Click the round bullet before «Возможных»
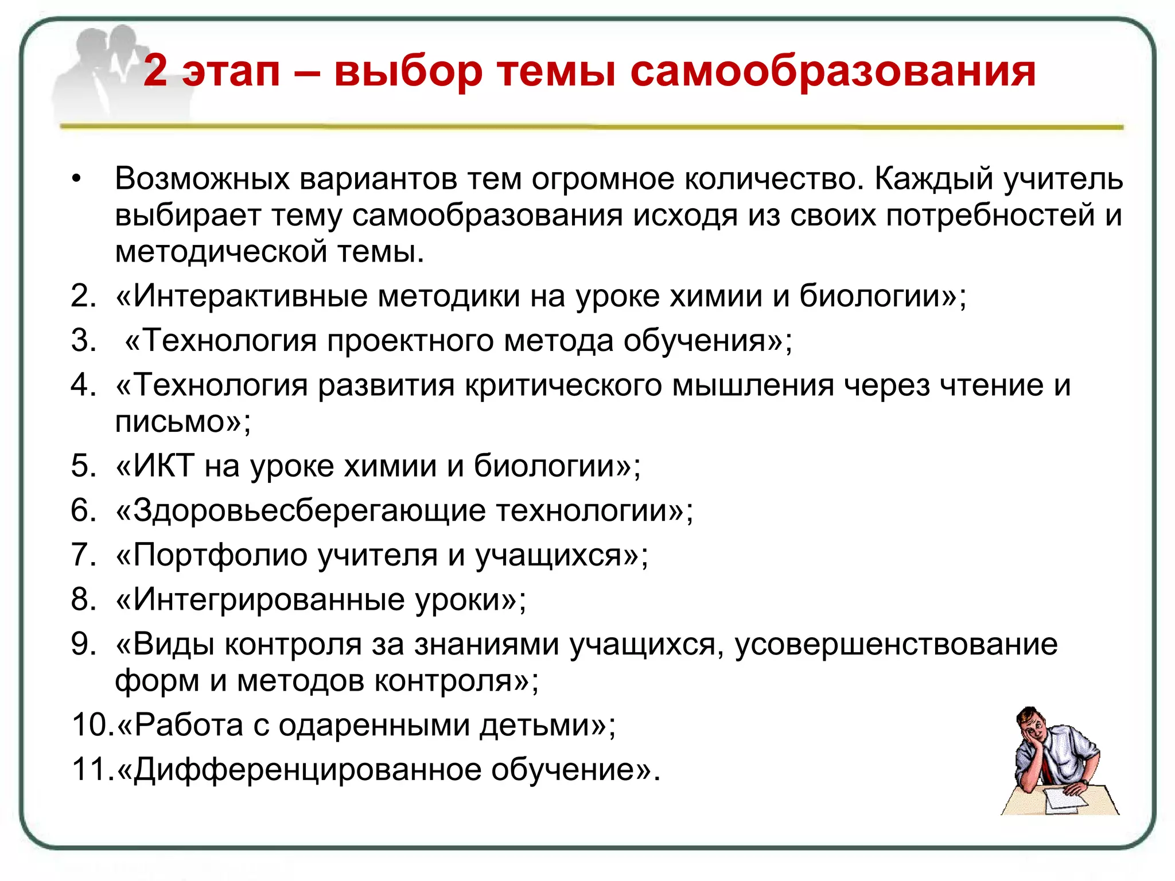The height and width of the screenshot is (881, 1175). click(77, 179)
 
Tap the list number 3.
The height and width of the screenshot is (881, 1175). click(84, 340)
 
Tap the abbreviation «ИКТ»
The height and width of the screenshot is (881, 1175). click(164, 465)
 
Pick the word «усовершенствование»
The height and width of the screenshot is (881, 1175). click(896, 644)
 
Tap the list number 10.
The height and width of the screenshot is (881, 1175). click(92, 724)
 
